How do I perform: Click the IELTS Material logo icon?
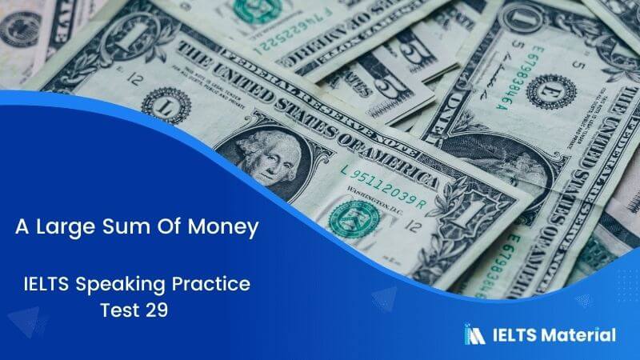coord(474,334)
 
